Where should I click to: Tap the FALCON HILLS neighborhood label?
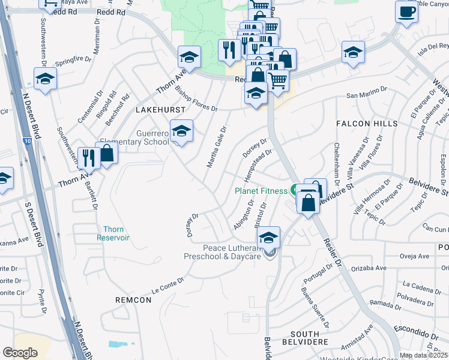[367, 124]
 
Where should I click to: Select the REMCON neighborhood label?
[133, 299]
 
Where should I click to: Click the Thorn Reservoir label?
[113, 233]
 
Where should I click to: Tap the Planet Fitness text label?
[261, 191]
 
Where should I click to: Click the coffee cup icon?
[406, 11]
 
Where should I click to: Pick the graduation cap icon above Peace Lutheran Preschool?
[269, 236]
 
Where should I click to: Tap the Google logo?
[20, 353]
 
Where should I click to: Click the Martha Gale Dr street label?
[215, 146]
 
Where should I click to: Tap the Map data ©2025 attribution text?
[423, 355]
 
